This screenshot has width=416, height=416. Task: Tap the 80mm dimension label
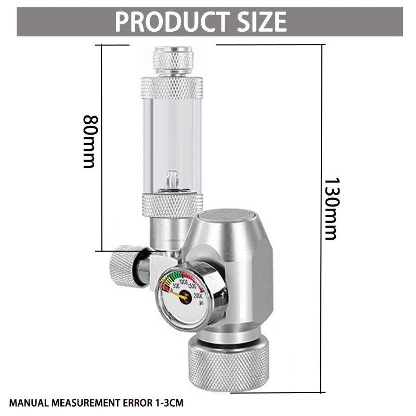[89, 141]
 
